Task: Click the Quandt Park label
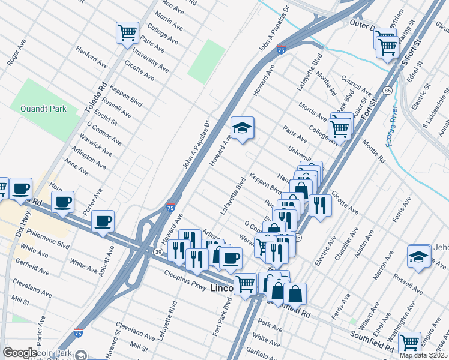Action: click(43, 109)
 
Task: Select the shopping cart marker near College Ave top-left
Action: click(127, 32)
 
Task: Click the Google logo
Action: click(20, 353)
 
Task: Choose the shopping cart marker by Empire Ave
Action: click(409, 343)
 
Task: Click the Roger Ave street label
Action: click(16, 52)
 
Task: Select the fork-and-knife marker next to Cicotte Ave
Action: click(319, 206)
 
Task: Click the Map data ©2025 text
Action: click(423, 355)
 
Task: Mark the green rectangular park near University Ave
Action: click(206, 61)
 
